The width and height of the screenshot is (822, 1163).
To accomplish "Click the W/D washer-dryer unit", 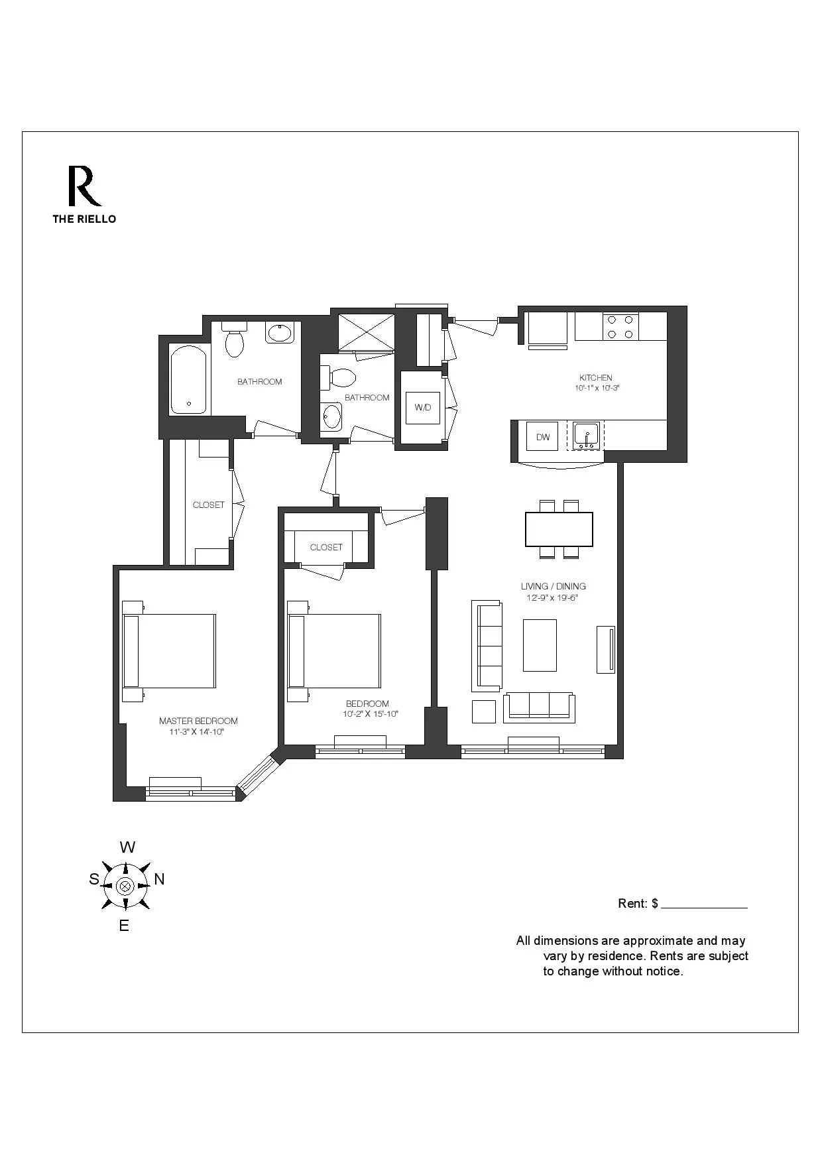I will [x=423, y=408].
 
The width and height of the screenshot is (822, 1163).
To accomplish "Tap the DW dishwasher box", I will [x=543, y=438].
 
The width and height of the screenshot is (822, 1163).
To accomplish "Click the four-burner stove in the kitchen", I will [x=620, y=327].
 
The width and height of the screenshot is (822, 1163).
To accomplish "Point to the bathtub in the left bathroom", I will [x=188, y=380].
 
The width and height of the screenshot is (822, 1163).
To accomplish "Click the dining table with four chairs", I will [x=559, y=529].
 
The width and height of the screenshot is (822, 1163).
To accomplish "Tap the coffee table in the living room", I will [x=540, y=645].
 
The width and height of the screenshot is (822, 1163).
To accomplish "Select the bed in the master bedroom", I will [x=170, y=650].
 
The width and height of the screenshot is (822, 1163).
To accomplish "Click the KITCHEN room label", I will [x=596, y=378].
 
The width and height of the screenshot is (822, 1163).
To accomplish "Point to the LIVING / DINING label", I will [x=554, y=586].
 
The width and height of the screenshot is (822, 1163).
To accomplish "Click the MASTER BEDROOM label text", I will [x=198, y=721].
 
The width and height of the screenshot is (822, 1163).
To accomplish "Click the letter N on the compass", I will [x=160, y=879].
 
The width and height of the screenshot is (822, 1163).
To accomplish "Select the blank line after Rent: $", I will [x=704, y=905].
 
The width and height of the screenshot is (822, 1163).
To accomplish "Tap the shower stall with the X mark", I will [x=366, y=332].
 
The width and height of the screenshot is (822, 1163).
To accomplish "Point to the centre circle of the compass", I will [x=125, y=886].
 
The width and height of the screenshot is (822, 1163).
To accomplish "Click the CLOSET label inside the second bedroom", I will [x=326, y=547].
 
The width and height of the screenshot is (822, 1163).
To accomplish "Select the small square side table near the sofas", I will [x=484, y=711].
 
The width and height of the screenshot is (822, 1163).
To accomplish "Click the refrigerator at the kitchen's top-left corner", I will [x=548, y=329].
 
